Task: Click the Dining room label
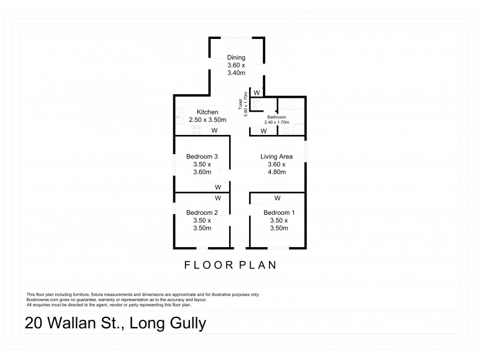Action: (x=236, y=58)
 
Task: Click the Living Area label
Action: (x=277, y=157)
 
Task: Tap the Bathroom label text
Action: (x=286, y=117)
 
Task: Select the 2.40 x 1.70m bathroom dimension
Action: (x=286, y=122)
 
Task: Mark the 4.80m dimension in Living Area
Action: (x=277, y=172)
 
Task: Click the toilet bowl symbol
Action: (x=257, y=106)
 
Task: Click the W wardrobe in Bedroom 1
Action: (x=277, y=197)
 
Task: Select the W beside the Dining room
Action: (x=256, y=93)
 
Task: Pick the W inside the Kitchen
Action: (x=214, y=131)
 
